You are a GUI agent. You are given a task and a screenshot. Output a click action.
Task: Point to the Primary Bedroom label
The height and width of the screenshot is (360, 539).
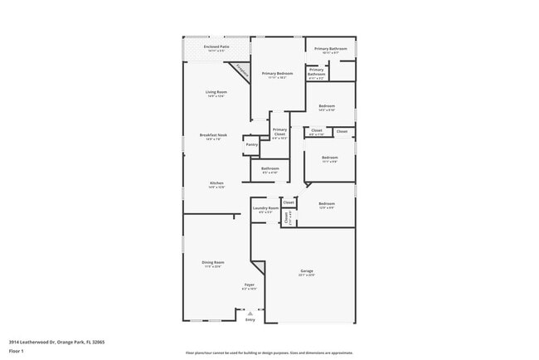278,74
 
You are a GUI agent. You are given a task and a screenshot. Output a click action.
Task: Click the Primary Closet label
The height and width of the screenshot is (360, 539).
279,131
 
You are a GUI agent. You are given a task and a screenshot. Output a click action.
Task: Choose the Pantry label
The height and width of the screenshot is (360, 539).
252,144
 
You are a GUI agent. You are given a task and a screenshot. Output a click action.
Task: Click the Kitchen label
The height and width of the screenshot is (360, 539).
216,182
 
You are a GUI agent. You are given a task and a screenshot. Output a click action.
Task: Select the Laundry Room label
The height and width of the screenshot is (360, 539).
265,208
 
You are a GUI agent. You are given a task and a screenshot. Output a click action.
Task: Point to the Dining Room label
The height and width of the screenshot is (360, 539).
213,262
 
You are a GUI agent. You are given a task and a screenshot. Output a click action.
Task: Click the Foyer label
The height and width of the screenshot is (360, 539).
249,285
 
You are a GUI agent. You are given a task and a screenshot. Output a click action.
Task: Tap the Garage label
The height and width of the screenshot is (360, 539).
307,270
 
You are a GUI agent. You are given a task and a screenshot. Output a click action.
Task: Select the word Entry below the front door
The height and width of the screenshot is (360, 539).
250,319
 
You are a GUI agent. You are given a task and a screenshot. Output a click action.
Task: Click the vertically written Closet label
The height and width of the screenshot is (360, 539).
287,218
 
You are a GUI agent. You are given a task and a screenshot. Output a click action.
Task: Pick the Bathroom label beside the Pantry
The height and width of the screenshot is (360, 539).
270,168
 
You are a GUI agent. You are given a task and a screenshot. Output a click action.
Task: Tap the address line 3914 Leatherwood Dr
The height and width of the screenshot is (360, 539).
56,341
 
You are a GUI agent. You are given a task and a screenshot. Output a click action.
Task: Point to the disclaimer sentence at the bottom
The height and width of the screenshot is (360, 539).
269,353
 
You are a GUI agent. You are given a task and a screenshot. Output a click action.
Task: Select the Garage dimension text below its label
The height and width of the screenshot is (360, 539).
307,275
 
